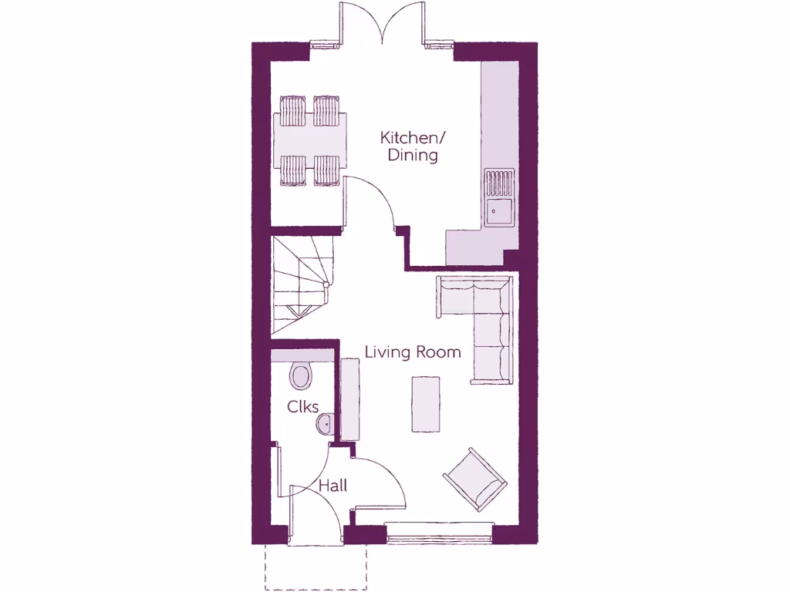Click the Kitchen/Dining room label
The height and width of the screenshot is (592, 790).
click(413, 146)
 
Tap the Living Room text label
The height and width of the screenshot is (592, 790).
click(413, 352)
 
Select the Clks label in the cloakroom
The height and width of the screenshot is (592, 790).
click(303, 406)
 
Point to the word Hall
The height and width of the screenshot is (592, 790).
click(333, 486)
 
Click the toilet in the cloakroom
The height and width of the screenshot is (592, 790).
click(301, 376)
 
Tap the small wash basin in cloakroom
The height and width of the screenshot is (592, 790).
click(325, 423)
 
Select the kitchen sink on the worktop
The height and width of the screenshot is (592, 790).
click(499, 210)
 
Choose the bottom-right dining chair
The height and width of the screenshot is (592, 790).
click(326, 170)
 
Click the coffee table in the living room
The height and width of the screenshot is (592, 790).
click(426, 404)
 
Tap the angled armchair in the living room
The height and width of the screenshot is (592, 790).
click(475, 478)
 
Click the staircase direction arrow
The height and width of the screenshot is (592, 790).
click(298, 311)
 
